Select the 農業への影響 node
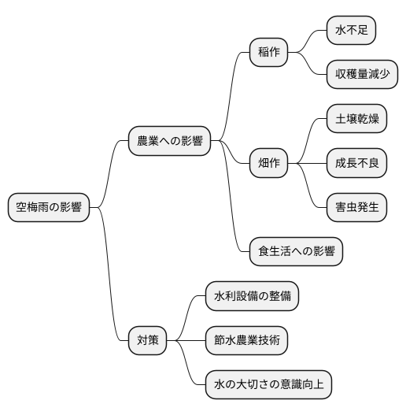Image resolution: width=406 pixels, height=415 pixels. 169,141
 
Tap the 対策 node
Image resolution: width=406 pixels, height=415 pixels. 148,340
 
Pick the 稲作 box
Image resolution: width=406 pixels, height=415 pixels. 268,53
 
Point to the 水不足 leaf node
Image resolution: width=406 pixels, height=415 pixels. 351,31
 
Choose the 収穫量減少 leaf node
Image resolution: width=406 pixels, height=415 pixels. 362,75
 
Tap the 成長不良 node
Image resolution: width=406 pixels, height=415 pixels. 356,164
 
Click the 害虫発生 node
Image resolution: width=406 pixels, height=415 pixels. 356,208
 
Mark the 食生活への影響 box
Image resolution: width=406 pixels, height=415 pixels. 296,252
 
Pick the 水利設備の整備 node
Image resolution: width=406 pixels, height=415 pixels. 252,296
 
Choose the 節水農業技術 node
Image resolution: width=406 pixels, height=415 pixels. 246,340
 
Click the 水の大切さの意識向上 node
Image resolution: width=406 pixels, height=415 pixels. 268,385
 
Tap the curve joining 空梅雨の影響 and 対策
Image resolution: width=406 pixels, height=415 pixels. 109,276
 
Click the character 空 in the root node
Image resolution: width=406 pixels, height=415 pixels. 21,208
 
